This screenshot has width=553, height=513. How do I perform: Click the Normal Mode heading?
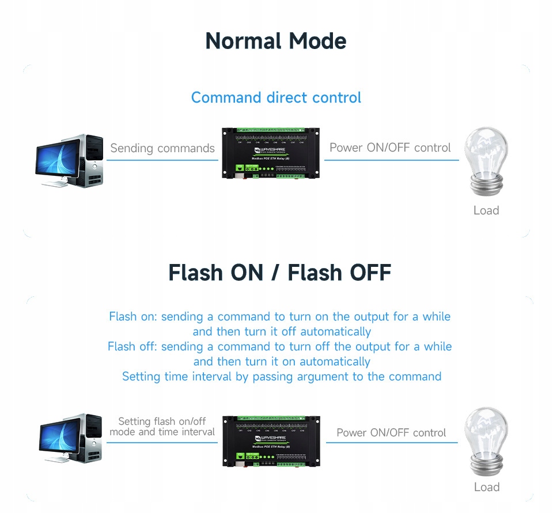[276, 42]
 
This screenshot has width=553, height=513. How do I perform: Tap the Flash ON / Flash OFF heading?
[279, 272]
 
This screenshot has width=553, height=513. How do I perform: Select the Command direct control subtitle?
[276, 97]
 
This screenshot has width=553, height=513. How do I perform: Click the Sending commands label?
[162, 148]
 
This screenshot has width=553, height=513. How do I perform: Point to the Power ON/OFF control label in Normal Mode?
[390, 148]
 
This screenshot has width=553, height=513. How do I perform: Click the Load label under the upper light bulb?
[486, 210]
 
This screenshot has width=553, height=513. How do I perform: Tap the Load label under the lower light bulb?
[486, 487]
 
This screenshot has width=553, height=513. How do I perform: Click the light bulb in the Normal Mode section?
[486, 156]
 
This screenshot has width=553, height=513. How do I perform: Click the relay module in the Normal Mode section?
[271, 153]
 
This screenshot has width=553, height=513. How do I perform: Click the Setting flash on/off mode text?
[162, 427]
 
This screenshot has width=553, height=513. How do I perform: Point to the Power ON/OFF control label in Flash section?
[391, 432]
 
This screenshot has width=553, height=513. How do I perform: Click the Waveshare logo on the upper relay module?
[270, 148]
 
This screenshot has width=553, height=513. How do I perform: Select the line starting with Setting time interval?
[282, 376]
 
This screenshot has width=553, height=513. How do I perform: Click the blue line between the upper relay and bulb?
[392, 160]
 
